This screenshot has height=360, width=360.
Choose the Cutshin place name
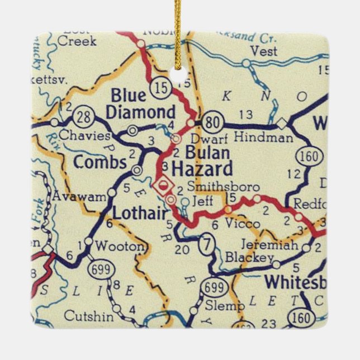(85, 316)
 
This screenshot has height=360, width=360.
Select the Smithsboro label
(216, 187)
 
